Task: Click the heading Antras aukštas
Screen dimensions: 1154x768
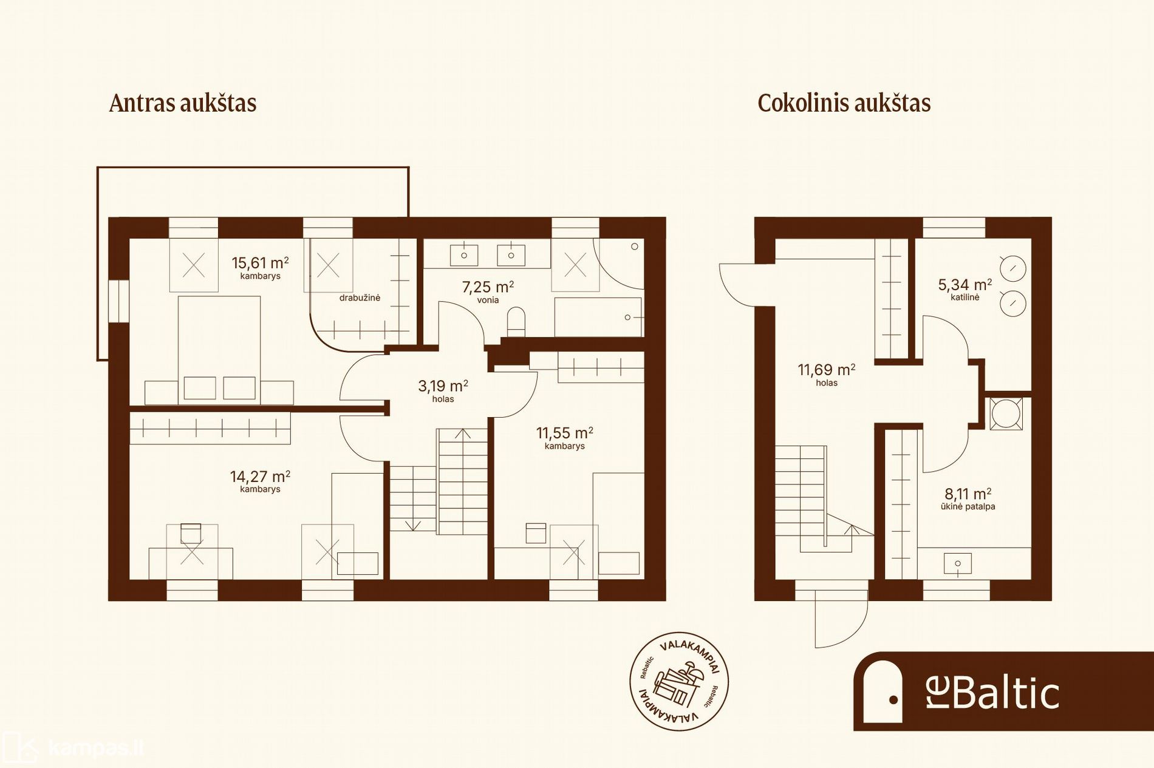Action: click(x=183, y=103)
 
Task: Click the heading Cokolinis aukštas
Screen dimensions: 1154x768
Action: click(x=844, y=103)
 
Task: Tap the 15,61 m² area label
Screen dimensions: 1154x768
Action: click(x=260, y=263)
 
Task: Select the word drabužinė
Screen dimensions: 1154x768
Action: click(x=360, y=297)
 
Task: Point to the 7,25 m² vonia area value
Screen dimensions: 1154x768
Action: click(x=488, y=287)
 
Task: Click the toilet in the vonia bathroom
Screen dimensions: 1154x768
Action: click(x=516, y=322)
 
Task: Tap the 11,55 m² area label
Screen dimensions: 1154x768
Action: click(x=564, y=433)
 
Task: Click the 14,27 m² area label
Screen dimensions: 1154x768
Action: click(x=260, y=477)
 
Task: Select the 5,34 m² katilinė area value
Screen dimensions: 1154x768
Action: click(x=965, y=285)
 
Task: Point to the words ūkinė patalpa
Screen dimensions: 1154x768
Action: click(x=968, y=506)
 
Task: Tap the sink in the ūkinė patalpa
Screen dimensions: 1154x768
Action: click(x=958, y=563)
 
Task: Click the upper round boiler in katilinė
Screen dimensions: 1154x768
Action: click(x=1013, y=268)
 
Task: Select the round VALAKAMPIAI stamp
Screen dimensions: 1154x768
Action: click(x=678, y=681)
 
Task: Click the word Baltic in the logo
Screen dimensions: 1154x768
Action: click(x=1006, y=692)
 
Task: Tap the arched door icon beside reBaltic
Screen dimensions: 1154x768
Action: click(x=883, y=692)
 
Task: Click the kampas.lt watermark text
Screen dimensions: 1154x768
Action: click(x=96, y=748)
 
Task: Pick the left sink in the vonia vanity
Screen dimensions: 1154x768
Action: click(x=464, y=256)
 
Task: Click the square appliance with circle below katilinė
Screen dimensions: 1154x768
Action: click(x=1006, y=413)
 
